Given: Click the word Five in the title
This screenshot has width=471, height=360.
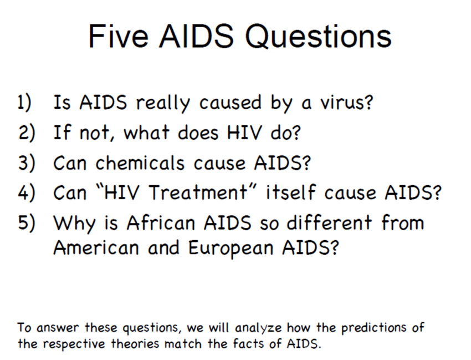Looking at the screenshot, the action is click(x=119, y=36).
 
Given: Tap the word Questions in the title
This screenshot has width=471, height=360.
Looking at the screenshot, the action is click(x=319, y=37).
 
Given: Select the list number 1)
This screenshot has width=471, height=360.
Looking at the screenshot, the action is click(x=24, y=103).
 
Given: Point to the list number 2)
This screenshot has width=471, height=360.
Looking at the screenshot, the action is click(x=27, y=133).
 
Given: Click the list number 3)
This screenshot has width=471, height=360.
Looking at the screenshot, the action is click(x=27, y=163).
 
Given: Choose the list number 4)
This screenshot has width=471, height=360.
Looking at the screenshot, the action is click(x=27, y=192).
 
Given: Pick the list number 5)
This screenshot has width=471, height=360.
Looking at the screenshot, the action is click(x=27, y=222).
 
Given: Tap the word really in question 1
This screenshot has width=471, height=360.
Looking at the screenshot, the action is click(x=163, y=103).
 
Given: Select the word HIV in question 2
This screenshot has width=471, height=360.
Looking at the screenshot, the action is click(x=244, y=133).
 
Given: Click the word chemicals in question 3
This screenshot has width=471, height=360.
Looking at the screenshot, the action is click(x=140, y=163).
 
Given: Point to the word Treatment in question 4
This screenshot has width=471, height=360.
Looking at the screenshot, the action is click(x=198, y=192).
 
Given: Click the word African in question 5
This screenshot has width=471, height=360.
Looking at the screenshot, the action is click(x=161, y=222).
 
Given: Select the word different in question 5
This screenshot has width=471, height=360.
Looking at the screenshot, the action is click(x=329, y=222).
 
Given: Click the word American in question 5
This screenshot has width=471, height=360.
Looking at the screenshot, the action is click(x=96, y=248).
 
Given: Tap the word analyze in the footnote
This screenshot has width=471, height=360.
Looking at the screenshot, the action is click(x=258, y=328).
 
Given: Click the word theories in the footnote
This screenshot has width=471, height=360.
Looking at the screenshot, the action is click(x=135, y=343).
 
